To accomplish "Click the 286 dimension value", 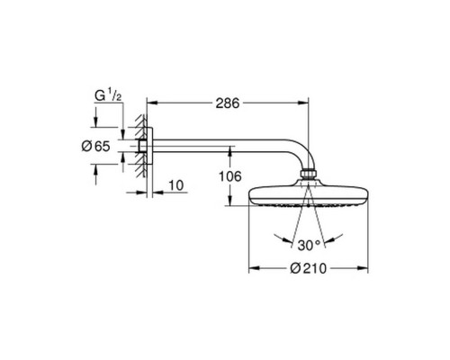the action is coord(228,103).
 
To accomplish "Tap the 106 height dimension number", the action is coord(229,176).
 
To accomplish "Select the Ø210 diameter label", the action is coord(308,268).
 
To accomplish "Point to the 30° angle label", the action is coord(309,246).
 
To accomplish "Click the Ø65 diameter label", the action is coord(96,147).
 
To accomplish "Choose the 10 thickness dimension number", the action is coord(176,185).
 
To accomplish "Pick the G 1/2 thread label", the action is coord(108,95).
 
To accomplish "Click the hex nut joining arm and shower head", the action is coord(308,175).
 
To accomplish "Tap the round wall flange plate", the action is coord(150,147).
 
